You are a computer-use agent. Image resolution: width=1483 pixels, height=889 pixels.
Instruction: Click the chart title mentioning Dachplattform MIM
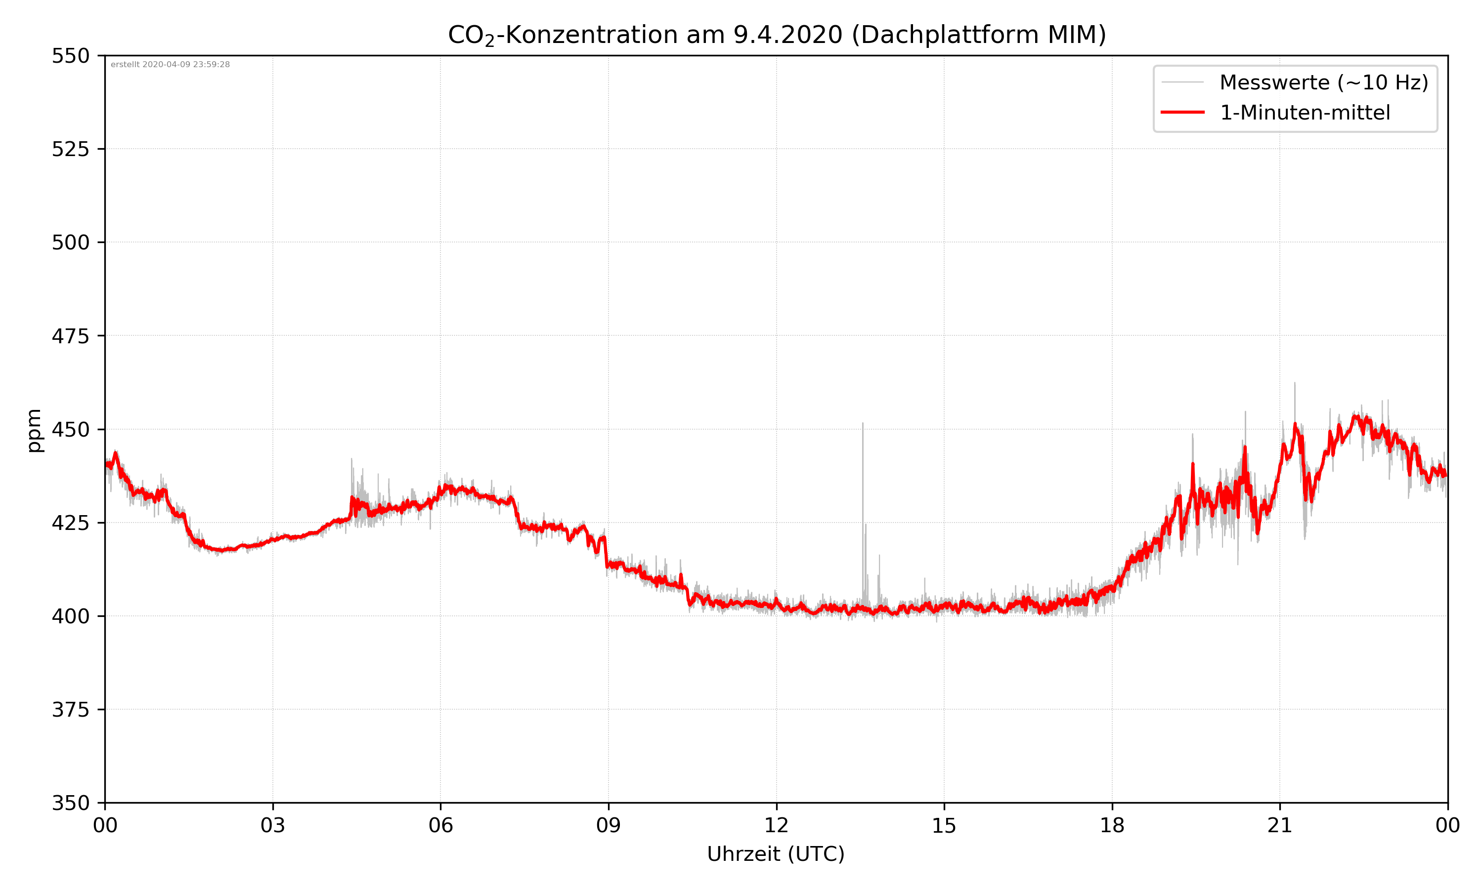776,35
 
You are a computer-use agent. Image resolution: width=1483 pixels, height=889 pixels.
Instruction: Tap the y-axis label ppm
34,430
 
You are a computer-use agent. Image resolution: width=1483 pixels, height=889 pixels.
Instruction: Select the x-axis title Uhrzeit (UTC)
776,853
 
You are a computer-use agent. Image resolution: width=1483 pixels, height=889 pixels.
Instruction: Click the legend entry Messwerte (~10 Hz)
1323,82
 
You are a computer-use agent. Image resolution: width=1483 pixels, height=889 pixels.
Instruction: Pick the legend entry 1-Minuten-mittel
1305,113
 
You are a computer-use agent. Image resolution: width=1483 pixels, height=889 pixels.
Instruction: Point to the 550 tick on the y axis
70,56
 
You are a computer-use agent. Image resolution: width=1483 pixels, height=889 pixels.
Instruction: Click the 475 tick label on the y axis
70,336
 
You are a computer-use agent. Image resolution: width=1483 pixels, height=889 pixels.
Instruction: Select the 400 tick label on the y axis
70,616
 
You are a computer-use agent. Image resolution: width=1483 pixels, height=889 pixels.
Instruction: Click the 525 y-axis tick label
70,149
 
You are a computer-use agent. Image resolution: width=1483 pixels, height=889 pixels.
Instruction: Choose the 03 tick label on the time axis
273,825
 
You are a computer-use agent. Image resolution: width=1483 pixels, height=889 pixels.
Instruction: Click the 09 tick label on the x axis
609,825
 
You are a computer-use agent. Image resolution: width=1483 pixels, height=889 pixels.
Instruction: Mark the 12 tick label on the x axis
776,825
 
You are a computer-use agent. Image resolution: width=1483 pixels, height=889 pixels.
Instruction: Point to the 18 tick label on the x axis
1112,825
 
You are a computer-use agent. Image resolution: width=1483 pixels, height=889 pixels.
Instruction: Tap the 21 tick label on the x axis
1280,825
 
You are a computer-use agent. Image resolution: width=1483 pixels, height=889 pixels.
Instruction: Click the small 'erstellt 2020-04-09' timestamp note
170,65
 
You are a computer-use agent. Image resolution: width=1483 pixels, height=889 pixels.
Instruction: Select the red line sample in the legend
1182,112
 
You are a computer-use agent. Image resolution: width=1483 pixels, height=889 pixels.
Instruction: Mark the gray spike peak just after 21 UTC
1294,383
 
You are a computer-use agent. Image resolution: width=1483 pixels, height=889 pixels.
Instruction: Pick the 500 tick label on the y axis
70,242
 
